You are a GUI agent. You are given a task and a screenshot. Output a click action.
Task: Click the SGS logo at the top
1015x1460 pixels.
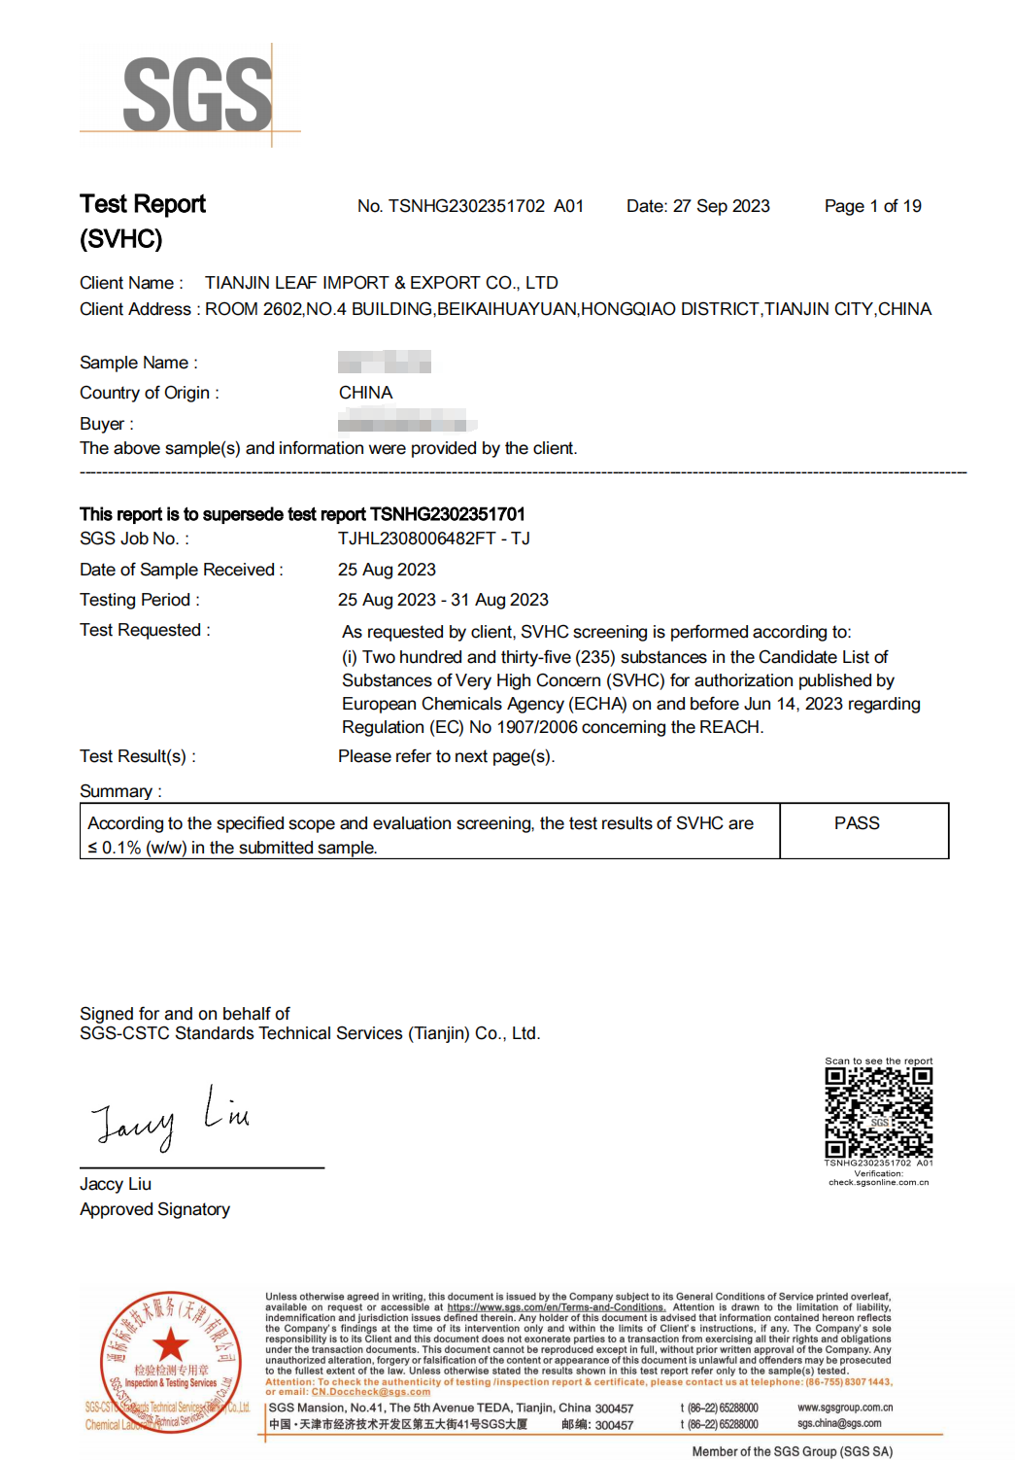click(197, 94)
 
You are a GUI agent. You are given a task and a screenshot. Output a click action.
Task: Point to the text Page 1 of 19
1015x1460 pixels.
click(872, 206)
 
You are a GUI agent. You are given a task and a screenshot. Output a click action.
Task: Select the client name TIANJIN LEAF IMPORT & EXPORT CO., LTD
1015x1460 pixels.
click(381, 283)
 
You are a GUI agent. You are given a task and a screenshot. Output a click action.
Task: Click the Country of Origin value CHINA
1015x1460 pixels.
click(365, 393)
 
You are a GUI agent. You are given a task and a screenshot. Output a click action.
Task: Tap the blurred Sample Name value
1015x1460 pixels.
click(384, 363)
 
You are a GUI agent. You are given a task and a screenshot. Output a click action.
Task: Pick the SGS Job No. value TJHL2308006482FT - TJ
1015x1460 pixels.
click(433, 539)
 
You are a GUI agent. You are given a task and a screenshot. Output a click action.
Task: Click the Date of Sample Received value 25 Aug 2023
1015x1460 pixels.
click(387, 570)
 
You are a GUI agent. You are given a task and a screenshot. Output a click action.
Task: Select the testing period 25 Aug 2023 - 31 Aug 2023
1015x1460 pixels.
click(443, 600)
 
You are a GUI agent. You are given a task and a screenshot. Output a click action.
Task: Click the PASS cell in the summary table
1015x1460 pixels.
click(857, 823)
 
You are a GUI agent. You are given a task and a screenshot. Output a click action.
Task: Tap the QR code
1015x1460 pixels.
click(878, 1112)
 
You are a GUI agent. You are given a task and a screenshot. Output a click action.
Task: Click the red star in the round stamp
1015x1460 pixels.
click(171, 1346)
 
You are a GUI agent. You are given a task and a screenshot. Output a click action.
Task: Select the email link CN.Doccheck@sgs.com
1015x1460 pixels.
click(370, 1392)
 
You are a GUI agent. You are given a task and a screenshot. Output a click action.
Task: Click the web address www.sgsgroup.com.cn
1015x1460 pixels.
click(845, 1408)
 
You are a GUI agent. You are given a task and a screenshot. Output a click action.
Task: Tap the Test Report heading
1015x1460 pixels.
click(143, 204)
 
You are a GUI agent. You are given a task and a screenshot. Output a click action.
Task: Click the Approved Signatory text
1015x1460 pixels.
click(154, 1209)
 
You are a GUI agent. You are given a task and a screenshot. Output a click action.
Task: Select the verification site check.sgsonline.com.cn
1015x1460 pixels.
click(878, 1183)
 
